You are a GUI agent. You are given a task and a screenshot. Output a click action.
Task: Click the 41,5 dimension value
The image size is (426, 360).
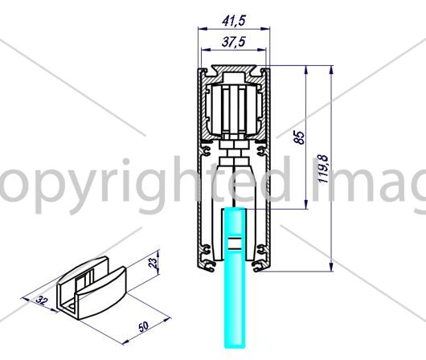click(234, 21)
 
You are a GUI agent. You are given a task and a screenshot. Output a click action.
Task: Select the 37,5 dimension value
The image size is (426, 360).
click(233, 42)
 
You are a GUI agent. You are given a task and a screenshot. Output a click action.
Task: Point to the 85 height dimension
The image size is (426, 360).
click(300, 137)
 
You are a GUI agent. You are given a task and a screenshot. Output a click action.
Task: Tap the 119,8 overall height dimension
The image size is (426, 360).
click(323, 169)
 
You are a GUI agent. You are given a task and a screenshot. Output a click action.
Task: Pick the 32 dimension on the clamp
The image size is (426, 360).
click(42, 301)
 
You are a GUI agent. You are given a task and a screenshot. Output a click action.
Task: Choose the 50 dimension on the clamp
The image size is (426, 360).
click(144, 326)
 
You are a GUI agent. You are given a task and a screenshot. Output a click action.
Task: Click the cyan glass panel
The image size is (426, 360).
click(234, 277)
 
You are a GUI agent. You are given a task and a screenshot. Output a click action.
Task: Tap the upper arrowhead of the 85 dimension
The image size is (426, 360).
click(306, 70)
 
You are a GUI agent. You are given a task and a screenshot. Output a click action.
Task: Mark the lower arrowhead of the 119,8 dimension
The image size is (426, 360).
click(331, 267)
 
